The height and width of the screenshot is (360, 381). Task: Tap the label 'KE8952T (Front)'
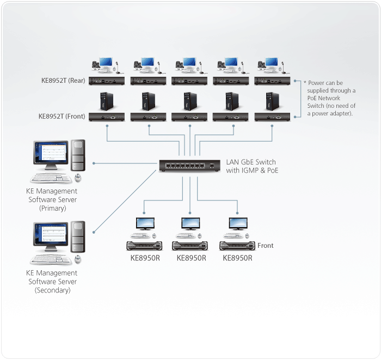[62, 116]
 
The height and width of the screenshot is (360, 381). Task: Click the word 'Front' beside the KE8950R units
[265, 246]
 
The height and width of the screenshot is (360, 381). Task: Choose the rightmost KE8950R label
[238, 258]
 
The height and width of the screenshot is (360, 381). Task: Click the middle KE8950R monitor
[190, 224]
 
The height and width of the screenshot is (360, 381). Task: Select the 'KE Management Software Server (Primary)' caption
[52, 199]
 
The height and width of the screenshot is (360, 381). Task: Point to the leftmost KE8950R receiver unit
[144, 245]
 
